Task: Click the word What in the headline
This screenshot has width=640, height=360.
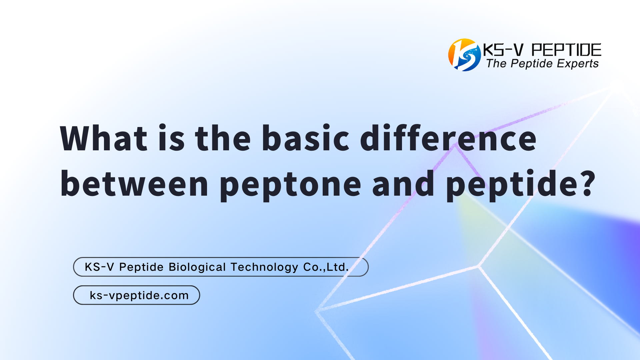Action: [x=103, y=138]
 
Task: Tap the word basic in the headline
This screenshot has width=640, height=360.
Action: [x=305, y=138]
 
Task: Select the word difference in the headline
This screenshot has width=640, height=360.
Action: [x=448, y=138]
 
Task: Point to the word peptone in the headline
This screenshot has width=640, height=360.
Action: [x=290, y=185]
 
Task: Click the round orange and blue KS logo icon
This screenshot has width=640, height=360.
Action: [x=464, y=55]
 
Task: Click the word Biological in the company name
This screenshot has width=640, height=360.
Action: [x=197, y=267]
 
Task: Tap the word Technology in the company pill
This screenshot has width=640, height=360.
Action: [x=264, y=267]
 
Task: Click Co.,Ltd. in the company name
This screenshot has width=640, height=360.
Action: [x=326, y=267]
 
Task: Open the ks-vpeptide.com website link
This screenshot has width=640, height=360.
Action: [x=139, y=295]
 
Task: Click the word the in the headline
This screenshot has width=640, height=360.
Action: [x=223, y=138]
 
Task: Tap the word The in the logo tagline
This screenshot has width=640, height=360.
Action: [x=496, y=63]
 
